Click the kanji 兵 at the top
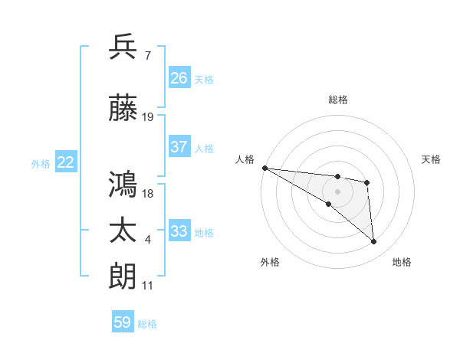coord(123,47)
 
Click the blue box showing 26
coord(179,77)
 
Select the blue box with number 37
coord(179,147)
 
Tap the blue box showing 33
coord(179,231)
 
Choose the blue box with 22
coord(66,162)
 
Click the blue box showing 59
coord(123,322)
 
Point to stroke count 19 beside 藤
coord(148,117)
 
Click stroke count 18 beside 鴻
coord(148,193)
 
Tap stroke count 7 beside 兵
coord(147,55)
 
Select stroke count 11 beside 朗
coord(148,285)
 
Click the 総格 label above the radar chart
coord(338,100)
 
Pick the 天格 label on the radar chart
coord(432,159)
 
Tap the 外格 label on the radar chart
coord(270,262)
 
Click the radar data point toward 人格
coord(264,168)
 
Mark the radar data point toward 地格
coord(374,242)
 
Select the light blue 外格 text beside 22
coord(41,163)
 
